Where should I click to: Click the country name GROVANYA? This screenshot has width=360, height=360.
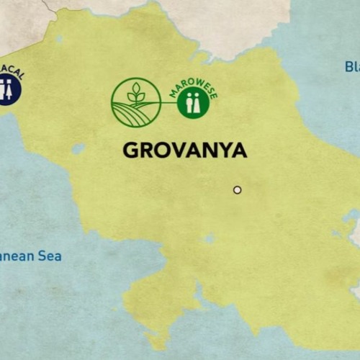pyautogui.click(x=185, y=150)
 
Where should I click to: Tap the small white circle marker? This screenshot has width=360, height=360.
pyautogui.click(x=237, y=190)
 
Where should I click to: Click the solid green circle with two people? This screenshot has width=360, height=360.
pyautogui.click(x=193, y=104)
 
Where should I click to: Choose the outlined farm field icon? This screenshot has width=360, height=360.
pyautogui.click(x=135, y=103)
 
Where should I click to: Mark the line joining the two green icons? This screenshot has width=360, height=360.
pyautogui.click(x=168, y=103)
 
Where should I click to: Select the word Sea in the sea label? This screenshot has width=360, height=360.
pyautogui.click(x=50, y=256)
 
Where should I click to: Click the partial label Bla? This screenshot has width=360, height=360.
pyautogui.click(x=351, y=67)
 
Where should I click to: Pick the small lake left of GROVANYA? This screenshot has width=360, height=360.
pyautogui.click(x=78, y=148)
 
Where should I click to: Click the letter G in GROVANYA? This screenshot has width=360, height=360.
pyautogui.click(x=130, y=150)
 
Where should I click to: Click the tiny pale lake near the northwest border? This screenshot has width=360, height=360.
pyautogui.click(x=59, y=39)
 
